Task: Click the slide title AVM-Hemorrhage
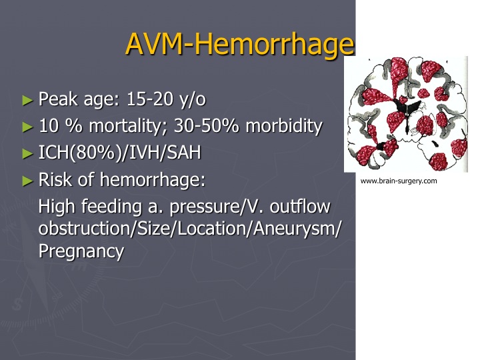click(240, 45)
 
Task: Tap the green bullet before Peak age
click(27, 100)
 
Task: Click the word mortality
click(128, 126)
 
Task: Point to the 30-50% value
click(206, 126)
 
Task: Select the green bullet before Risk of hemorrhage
click(27, 181)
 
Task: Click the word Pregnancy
click(81, 251)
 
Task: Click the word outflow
click(300, 206)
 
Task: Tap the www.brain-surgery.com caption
click(399, 181)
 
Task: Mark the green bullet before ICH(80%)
click(27, 154)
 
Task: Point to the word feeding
click(111, 207)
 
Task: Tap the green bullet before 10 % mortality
click(27, 127)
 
